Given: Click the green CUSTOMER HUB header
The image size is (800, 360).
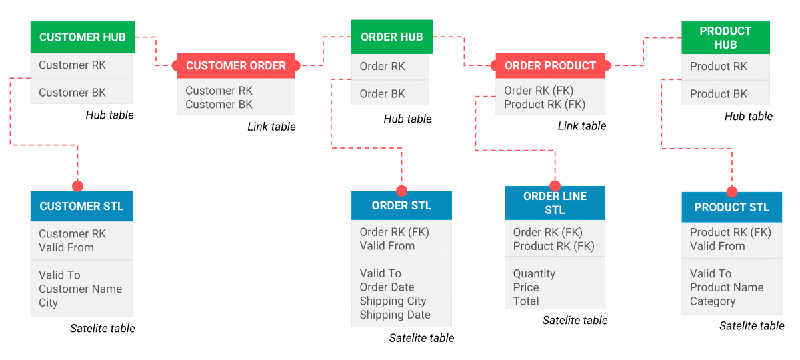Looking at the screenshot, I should click(83, 37).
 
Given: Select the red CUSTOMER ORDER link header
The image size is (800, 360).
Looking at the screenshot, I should click(236, 65).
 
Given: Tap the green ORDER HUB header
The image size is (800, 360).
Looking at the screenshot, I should click(391, 37).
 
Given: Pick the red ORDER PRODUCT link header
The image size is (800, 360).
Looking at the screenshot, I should click(550, 65).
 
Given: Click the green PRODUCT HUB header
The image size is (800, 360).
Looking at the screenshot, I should click(725, 38).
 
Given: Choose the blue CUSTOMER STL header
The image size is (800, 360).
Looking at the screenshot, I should click(81, 206).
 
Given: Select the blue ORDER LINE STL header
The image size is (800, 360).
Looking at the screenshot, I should click(555, 203).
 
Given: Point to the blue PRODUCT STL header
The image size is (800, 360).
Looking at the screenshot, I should click(731, 207).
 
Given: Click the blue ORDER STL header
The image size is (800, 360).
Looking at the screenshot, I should click(401, 205).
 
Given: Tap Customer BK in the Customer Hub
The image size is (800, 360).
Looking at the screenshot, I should click(72, 93).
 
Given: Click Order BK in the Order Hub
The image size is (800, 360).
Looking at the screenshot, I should click(382, 94).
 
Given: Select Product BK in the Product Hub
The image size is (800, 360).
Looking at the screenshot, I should click(718, 94).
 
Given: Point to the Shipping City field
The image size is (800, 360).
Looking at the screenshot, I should click(393, 301).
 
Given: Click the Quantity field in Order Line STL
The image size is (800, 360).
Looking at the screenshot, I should click(534, 273).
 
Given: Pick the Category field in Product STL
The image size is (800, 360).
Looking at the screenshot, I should click(712, 301).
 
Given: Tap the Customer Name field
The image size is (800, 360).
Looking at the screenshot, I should click(80, 289).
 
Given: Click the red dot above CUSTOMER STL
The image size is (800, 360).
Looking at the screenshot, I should click(77, 186).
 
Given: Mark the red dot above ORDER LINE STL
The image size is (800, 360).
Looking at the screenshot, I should click(555, 186).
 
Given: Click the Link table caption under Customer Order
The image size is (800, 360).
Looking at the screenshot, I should click(271, 127).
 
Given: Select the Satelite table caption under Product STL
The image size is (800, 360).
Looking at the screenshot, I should click(751, 326).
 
